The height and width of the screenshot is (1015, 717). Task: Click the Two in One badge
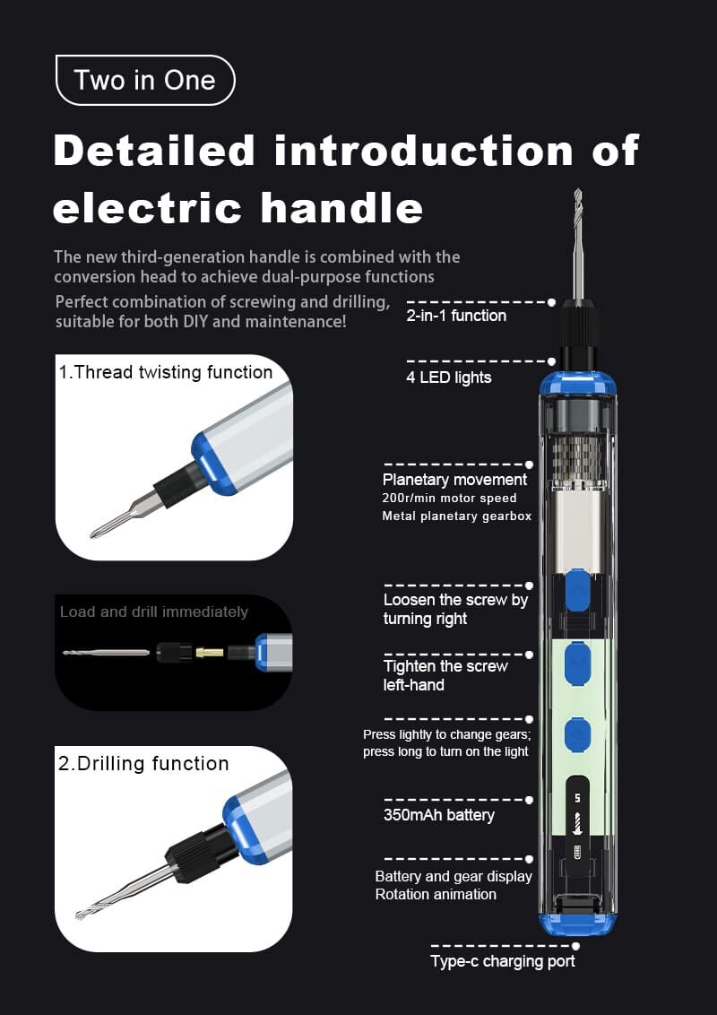145,81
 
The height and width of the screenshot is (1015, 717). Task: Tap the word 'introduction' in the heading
424,151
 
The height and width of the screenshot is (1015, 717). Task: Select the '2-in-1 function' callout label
456,316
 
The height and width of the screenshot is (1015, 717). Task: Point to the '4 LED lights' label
448,378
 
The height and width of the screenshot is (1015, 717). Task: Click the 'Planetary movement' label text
455,480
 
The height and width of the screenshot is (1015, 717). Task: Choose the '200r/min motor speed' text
450,499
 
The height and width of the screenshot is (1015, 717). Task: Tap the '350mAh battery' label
439,815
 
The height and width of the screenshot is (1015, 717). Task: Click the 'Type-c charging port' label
503,961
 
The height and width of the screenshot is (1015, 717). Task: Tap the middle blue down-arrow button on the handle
577,663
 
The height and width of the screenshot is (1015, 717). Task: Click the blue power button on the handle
577,734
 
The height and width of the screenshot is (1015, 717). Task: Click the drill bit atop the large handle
578,245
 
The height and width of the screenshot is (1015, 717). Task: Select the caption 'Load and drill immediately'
154,612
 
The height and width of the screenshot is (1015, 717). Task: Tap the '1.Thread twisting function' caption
166,372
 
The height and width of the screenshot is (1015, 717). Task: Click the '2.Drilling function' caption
143,764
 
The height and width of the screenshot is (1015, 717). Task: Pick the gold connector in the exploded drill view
210,652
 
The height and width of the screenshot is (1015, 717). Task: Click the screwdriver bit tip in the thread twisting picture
94,534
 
